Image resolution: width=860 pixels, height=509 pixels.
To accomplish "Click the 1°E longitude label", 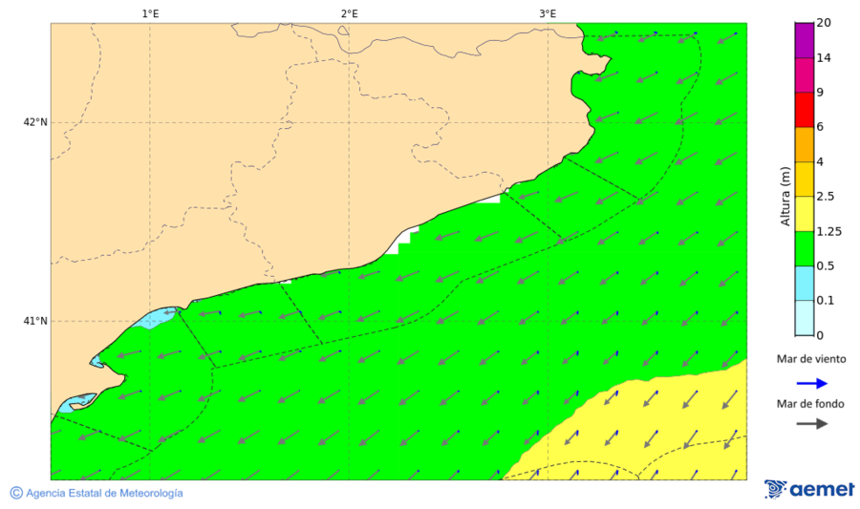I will pos(150,13).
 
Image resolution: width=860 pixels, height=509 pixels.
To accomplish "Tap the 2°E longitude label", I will pos(349,13).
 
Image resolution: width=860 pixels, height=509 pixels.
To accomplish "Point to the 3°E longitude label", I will pos(548,13).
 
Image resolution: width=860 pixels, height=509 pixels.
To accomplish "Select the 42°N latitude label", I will pos(35,122).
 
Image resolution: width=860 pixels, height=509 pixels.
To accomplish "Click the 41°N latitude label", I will pos(35,321).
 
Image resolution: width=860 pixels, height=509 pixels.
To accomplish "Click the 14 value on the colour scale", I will pos(824,58).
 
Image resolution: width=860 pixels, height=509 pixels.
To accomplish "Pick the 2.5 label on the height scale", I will pos(825,197).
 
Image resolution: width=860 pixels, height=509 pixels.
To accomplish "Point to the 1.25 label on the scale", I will pos(828,231).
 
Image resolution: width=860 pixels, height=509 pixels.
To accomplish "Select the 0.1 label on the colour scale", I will pos(825,301).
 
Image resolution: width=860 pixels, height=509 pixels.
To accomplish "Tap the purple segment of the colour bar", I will pos(804,40).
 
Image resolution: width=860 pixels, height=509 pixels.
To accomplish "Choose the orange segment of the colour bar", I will pos(804,144).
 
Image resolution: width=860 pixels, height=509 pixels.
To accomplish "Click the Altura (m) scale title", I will pos(785,197).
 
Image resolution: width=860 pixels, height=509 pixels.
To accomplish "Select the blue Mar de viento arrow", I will pos(810,383).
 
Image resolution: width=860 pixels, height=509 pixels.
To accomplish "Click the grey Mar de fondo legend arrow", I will pos(810,423).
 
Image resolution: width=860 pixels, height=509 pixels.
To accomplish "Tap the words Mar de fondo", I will pos(810,404).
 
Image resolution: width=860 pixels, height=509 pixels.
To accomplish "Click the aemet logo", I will pos(809,489).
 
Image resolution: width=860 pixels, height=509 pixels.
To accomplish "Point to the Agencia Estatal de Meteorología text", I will pos(104,493).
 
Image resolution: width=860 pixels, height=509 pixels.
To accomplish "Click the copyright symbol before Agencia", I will pos(16,493).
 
